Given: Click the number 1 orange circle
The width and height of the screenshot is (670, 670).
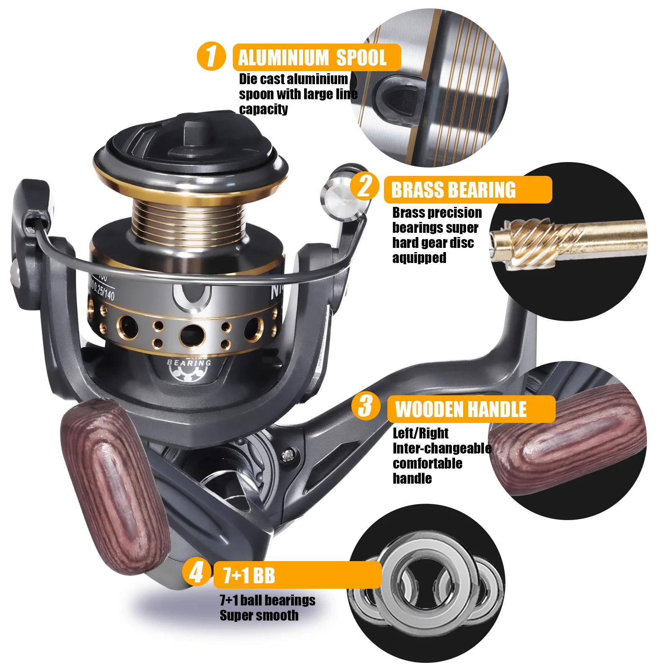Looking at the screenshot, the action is pos(211,56).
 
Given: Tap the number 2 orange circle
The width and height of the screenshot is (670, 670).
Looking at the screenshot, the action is pos(365,186).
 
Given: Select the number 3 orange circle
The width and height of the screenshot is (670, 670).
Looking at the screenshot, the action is pos(366,406).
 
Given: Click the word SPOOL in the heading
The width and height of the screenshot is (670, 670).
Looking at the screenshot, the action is pos(361,58).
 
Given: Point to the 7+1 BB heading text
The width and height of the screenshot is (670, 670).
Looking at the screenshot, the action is pos(249,576).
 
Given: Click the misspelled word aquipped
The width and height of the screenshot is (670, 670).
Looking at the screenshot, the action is pos(419,258).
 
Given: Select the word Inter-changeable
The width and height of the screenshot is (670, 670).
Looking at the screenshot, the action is pos(442,448).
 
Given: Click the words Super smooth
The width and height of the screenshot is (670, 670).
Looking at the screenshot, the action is pos(259,616).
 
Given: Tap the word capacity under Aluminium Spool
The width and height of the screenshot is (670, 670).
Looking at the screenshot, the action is pos(263,109).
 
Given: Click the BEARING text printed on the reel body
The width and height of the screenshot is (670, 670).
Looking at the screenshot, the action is pos(189,363).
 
